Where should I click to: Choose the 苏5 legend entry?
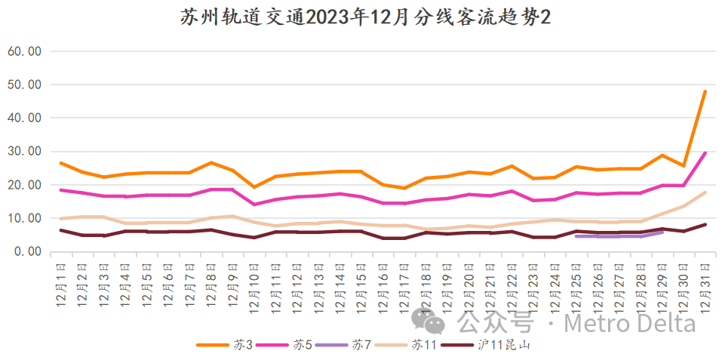click(x=281, y=345)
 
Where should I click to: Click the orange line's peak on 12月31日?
click(x=705, y=91)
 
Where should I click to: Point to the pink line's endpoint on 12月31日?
click(x=705, y=153)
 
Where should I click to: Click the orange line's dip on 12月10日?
click(x=254, y=186)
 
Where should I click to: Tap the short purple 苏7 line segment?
click(x=619, y=235)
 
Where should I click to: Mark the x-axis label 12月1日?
click(x=61, y=283)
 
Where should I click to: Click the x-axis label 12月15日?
click(x=361, y=283)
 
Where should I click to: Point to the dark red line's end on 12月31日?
click(x=705, y=224)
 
